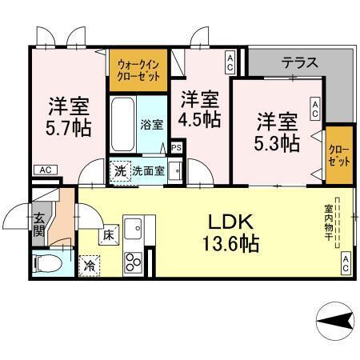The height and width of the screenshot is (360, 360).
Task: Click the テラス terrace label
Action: coord(299,62)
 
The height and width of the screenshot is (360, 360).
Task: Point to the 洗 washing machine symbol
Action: coord(119,170)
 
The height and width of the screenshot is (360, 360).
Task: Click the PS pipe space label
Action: coord(176,148)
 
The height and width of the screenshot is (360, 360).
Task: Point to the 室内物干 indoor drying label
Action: coord(338,223)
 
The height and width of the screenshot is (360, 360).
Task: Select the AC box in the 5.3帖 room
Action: coord(315,109)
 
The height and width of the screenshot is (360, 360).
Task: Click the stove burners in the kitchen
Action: coord(132,260)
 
